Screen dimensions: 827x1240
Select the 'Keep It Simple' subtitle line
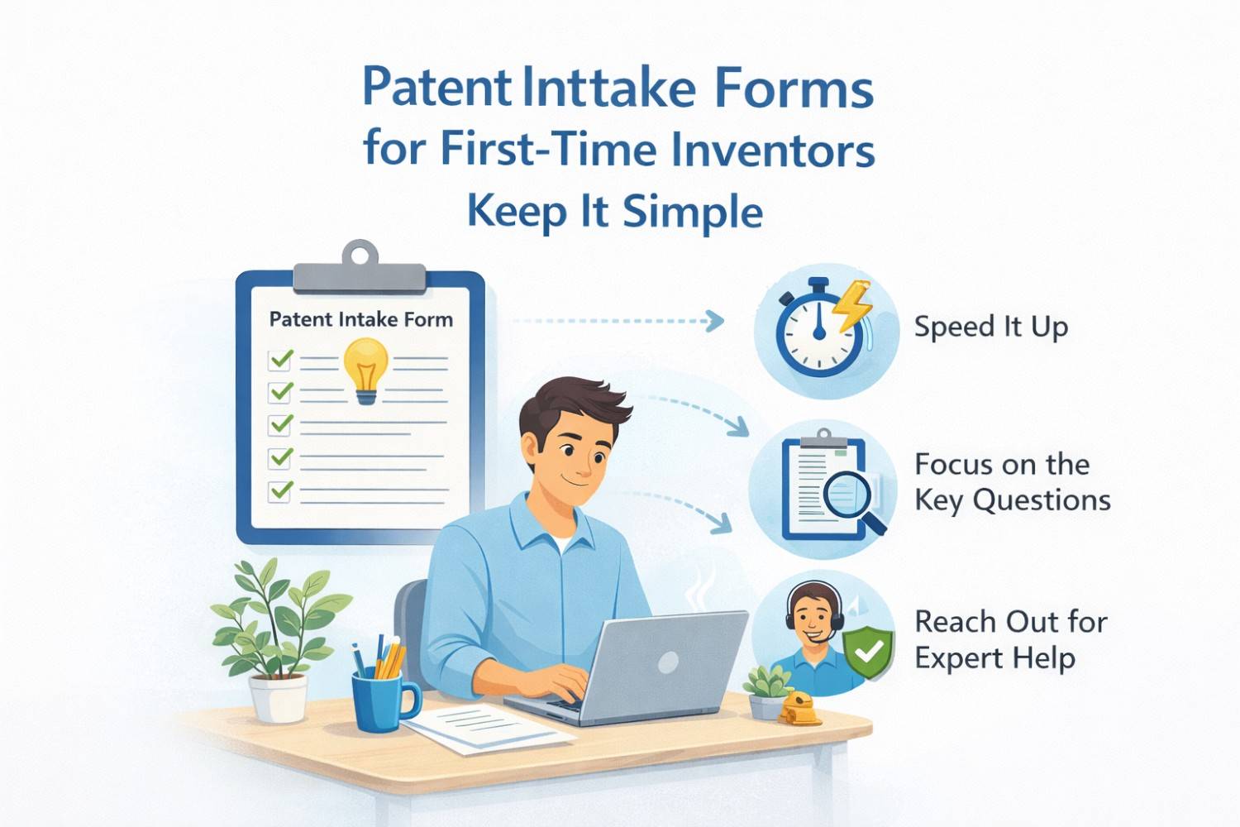coord(615,212)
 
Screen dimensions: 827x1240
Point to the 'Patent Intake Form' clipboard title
coord(360,319)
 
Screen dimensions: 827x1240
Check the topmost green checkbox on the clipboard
coord(281,360)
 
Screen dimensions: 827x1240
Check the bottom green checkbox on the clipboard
coord(281,490)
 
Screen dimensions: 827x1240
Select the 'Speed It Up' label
coord(990,327)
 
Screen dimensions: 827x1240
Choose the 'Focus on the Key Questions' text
coord(1011,482)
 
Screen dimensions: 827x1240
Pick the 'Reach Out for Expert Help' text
coord(1009,639)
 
